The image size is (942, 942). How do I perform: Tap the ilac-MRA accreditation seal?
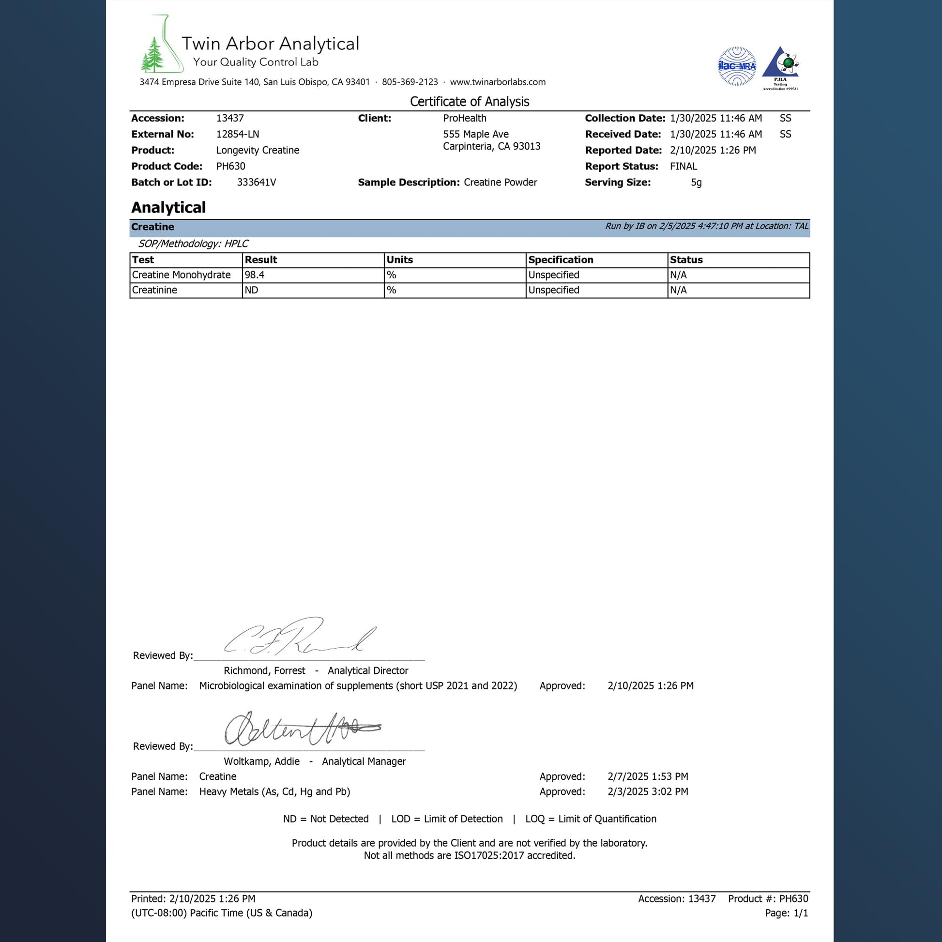click(737, 66)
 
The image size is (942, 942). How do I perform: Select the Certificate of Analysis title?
click(470, 102)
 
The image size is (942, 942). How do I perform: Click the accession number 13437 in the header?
click(230, 119)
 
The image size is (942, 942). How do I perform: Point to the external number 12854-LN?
click(238, 135)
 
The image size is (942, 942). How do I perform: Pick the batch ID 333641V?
click(257, 182)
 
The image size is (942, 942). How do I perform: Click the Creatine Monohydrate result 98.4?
click(255, 275)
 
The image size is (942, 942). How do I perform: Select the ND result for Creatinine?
click(252, 290)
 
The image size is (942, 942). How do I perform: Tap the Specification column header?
click(561, 260)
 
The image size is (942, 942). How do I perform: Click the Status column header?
click(686, 260)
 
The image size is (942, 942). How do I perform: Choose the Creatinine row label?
click(154, 290)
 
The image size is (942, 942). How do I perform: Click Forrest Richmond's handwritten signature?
click(298, 637)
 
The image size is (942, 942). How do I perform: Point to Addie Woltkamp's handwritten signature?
click(300, 729)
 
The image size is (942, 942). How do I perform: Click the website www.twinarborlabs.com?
click(497, 82)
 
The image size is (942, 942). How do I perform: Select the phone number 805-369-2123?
click(410, 82)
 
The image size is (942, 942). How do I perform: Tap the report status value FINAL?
click(683, 167)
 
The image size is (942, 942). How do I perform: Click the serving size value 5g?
click(696, 183)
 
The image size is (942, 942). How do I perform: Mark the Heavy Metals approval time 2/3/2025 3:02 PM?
click(648, 792)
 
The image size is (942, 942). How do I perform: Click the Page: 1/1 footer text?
click(786, 913)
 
